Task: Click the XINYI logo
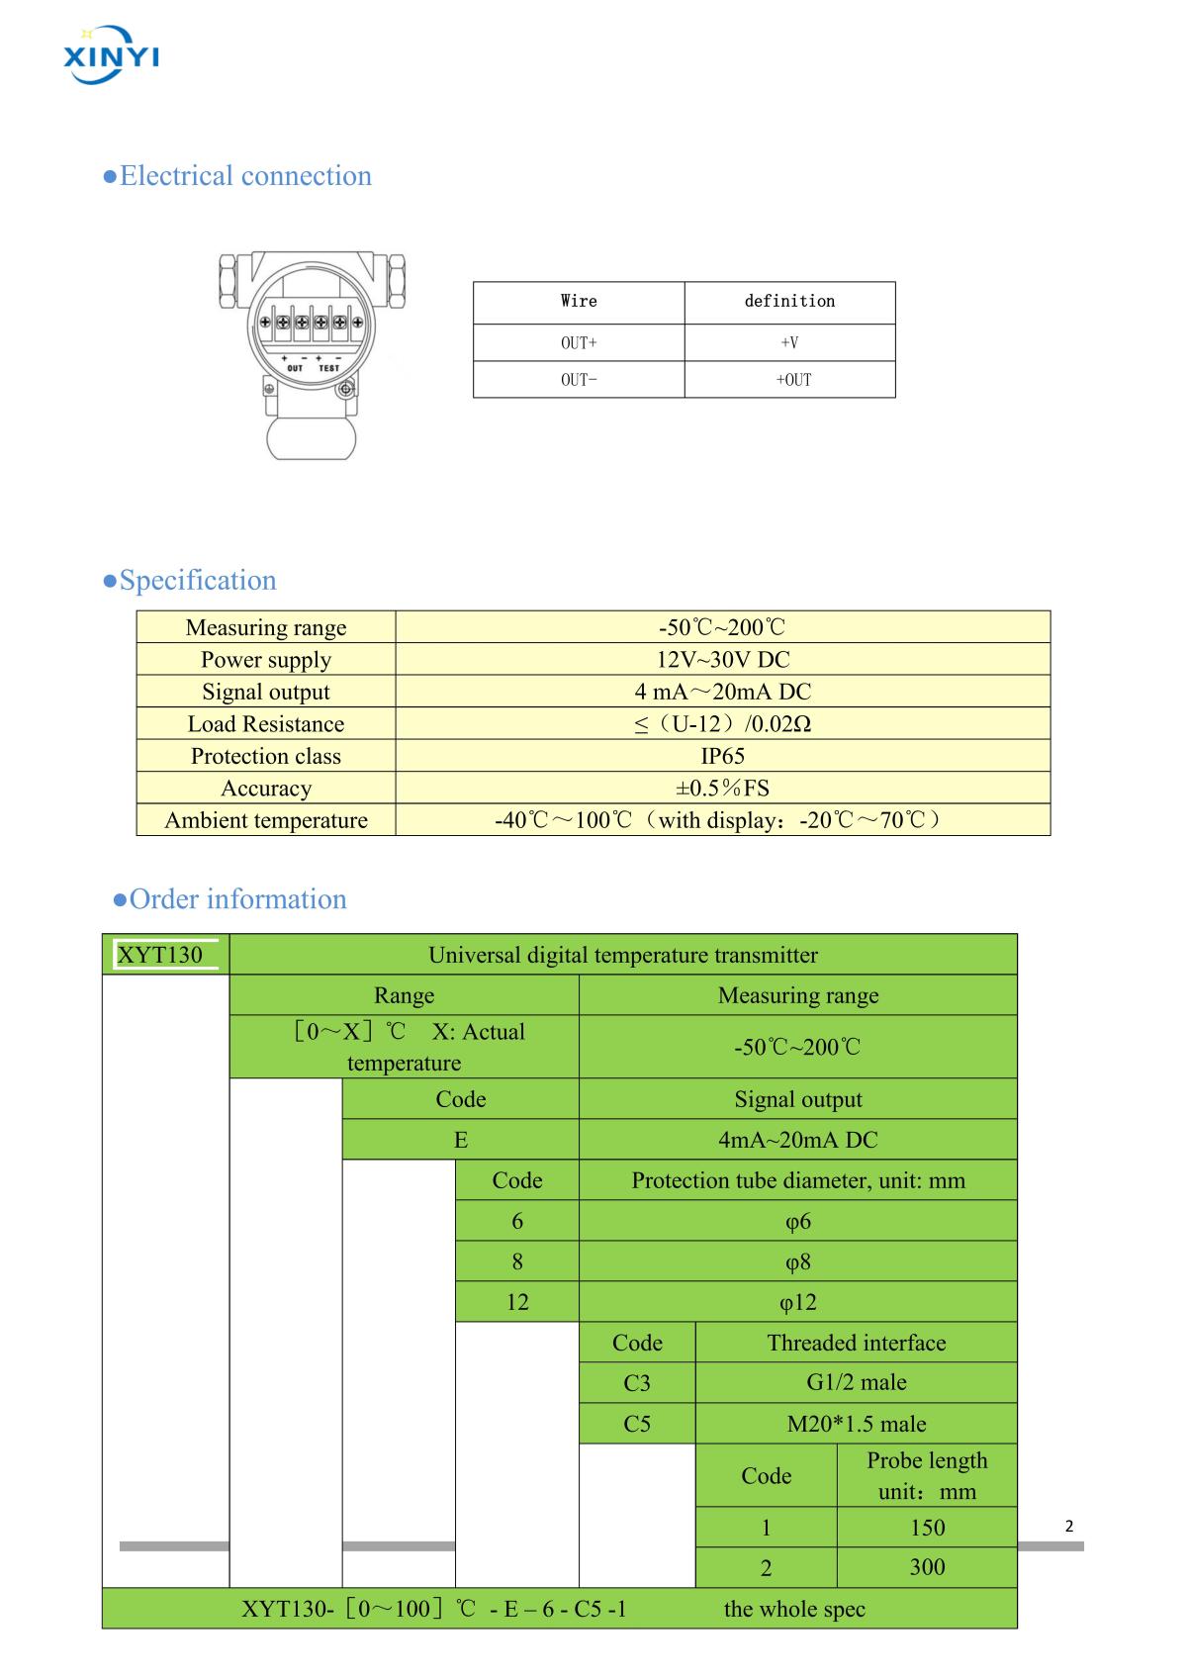coord(111,51)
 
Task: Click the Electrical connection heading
coord(237,176)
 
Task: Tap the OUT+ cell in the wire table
coord(579,342)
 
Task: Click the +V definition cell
coord(789,342)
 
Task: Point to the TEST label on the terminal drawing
coord(328,368)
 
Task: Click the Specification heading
coord(190,581)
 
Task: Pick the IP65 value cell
coord(722,756)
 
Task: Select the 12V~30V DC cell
coord(722,660)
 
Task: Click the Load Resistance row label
coord(266,724)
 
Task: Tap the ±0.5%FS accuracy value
coord(722,789)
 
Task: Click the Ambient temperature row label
coord(266,820)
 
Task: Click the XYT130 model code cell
coord(160,955)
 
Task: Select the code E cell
coord(460,1140)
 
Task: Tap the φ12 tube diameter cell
coord(797,1302)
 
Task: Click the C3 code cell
coord(637,1383)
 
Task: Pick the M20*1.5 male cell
coord(857,1424)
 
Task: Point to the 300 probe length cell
coord(927,1567)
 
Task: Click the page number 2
coord(1068,1527)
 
